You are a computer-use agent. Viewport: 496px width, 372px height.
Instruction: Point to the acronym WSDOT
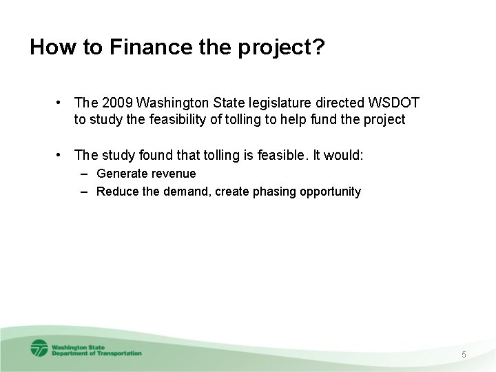(x=393, y=103)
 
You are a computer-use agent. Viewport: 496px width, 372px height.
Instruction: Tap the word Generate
(x=122, y=174)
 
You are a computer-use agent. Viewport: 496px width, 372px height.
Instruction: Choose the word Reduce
(x=118, y=192)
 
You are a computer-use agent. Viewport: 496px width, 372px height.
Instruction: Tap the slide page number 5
(x=464, y=354)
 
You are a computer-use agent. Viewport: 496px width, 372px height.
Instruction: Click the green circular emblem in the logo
(x=39, y=349)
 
